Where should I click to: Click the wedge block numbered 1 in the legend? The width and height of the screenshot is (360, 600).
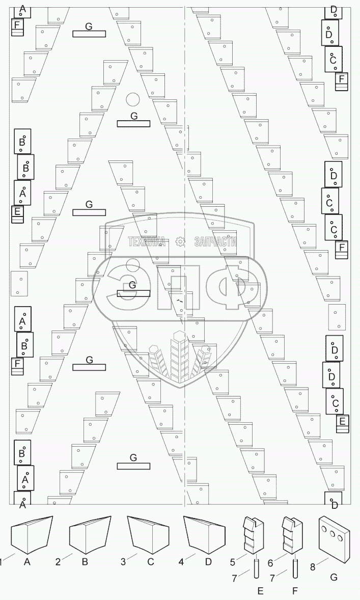click(31, 535)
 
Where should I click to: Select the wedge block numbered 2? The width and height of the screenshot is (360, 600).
click(90, 535)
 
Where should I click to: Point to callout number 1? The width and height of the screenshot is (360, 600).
click(2, 562)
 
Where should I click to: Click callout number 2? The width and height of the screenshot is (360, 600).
click(58, 562)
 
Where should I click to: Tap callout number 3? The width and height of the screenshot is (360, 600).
click(123, 562)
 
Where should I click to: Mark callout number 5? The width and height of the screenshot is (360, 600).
click(232, 562)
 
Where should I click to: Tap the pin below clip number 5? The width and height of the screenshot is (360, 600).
click(256, 567)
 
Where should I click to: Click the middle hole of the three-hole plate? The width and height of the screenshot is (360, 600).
click(334, 535)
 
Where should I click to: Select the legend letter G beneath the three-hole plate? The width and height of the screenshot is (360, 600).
click(333, 577)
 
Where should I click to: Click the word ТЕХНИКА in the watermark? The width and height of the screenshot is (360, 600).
click(147, 242)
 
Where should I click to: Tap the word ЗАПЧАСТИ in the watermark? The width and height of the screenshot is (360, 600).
click(215, 242)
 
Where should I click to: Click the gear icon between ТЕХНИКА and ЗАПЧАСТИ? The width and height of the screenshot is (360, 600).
click(180, 242)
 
